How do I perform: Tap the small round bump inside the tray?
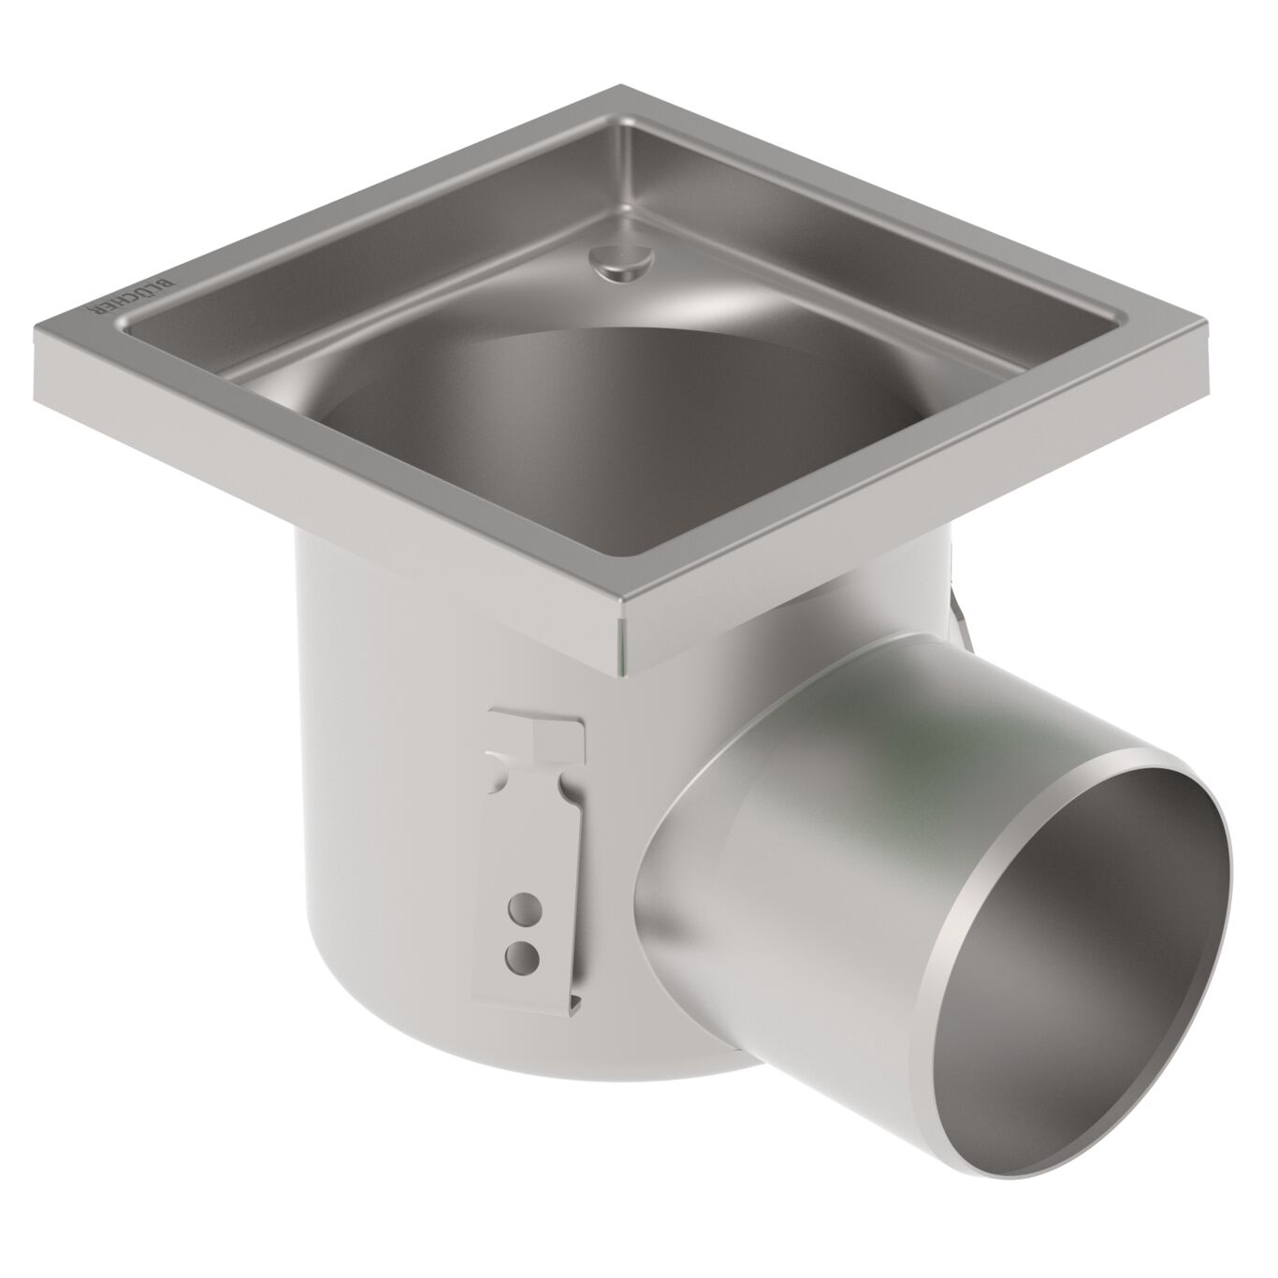click(x=617, y=258)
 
